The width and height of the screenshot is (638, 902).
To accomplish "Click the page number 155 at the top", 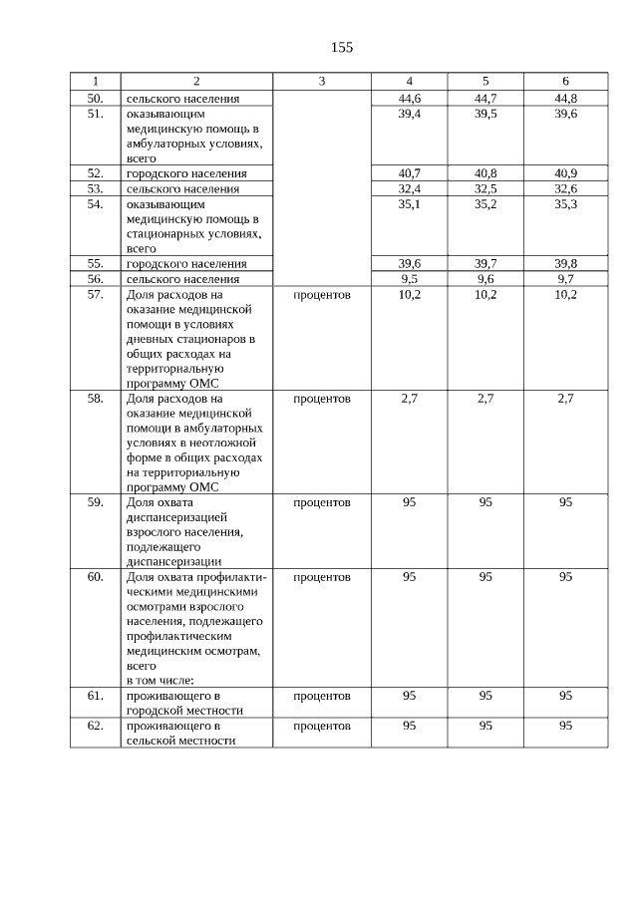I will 342,47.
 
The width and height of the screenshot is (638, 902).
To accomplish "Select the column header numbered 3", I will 322,81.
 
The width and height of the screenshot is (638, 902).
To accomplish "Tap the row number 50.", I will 95,99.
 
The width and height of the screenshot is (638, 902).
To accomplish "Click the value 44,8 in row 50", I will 565,99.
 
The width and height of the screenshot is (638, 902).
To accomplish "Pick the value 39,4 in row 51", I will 409,115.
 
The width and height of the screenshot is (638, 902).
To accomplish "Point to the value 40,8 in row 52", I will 485,173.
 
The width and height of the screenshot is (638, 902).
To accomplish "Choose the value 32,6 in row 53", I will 565,188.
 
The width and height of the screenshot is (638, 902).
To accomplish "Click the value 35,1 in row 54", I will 409,203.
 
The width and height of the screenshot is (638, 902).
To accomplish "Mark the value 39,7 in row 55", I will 485,263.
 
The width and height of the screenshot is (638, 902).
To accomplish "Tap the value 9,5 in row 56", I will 409,279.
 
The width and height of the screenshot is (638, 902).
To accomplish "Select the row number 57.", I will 95,295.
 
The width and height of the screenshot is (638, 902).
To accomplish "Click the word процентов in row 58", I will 322,399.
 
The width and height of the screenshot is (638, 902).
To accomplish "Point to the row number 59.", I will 95,502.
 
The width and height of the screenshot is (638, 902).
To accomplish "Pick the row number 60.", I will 95,577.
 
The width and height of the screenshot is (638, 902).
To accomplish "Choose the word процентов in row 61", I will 322,696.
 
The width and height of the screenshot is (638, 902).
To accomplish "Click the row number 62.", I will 95,726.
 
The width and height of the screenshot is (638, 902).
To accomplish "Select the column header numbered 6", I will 565,81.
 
